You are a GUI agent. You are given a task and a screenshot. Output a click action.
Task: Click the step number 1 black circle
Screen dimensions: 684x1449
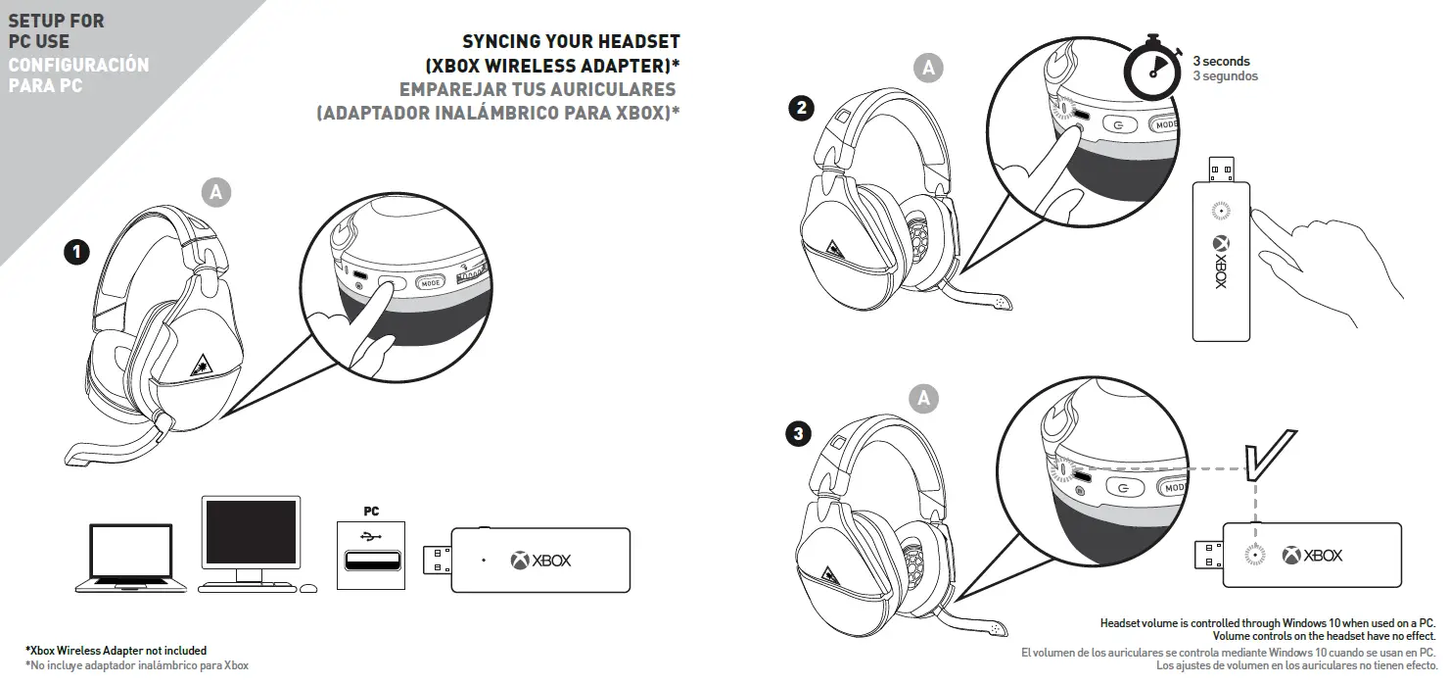[x=75, y=253]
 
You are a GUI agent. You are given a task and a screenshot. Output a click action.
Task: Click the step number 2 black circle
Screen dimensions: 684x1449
[x=802, y=109]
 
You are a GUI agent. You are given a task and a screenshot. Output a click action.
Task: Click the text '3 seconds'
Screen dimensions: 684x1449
[x=1220, y=61]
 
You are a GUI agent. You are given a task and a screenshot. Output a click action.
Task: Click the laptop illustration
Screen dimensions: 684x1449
[x=132, y=559]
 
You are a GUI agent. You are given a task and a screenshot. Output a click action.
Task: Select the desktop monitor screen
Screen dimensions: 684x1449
[x=250, y=531]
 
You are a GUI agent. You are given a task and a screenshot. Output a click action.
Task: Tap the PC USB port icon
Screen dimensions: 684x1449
[x=371, y=557]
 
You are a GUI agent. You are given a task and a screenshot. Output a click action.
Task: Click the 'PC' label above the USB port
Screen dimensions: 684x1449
[x=371, y=511]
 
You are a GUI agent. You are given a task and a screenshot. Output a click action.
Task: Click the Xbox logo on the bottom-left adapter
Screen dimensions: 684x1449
[x=520, y=561]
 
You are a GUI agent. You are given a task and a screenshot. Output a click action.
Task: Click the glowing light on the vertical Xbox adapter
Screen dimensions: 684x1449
[x=1220, y=210]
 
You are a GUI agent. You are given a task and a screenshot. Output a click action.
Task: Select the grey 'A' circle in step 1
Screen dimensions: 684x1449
[x=216, y=193]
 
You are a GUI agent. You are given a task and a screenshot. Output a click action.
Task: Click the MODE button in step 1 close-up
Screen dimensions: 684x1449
[x=432, y=283]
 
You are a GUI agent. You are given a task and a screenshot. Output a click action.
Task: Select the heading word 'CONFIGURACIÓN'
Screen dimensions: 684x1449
[x=78, y=65]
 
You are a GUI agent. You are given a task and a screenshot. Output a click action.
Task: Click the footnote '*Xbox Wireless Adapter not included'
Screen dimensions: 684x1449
[x=116, y=651]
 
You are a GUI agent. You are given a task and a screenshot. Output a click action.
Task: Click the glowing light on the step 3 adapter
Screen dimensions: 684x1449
[x=1253, y=556]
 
